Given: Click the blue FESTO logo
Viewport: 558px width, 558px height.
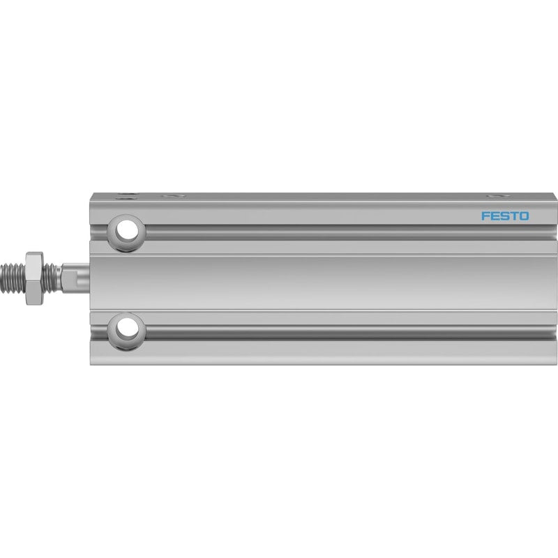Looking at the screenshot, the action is pyautogui.click(x=505, y=216).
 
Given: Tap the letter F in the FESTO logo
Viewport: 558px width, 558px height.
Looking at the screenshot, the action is pyautogui.click(x=485, y=216).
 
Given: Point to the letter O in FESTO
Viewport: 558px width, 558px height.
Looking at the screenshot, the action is pyautogui.click(x=524, y=216).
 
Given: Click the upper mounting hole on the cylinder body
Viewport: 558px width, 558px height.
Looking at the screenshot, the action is pyautogui.click(x=126, y=232).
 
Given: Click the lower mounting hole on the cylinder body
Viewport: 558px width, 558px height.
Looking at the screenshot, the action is pyautogui.click(x=126, y=331).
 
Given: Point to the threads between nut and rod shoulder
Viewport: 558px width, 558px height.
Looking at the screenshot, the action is pyautogui.click(x=52, y=278).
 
